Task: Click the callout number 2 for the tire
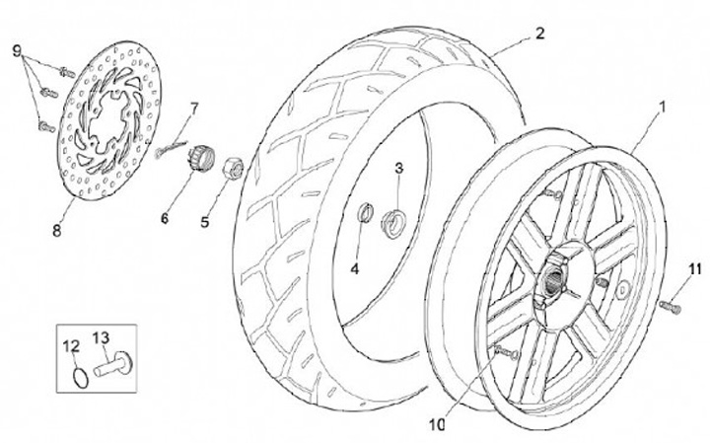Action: (x=539, y=34)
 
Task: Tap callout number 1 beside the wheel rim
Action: (x=662, y=108)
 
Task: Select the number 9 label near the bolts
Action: (x=17, y=51)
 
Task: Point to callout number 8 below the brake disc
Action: (x=56, y=231)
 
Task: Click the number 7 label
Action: (x=194, y=110)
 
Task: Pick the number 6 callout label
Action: (x=165, y=218)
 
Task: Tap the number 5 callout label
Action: (x=205, y=222)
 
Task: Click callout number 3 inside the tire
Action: (x=398, y=168)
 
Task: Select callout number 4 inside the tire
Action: (x=355, y=268)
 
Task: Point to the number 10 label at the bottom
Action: (x=437, y=424)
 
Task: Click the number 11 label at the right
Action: (x=694, y=268)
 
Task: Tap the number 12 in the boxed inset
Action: (x=71, y=346)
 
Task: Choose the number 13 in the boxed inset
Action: (x=101, y=337)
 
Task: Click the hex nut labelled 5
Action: (x=233, y=168)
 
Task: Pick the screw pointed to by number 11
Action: (x=671, y=306)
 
